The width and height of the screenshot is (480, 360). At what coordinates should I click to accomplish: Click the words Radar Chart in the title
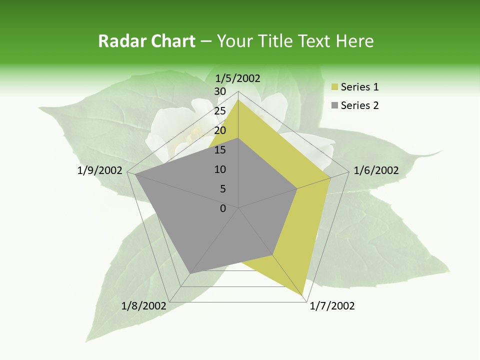coord(146,41)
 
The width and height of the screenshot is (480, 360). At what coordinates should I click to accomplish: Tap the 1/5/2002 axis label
coord(238,78)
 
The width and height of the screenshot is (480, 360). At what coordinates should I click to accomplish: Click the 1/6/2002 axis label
coord(376,170)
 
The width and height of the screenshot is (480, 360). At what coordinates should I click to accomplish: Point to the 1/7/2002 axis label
coord(332,306)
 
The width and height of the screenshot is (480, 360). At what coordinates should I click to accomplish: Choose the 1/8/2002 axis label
coord(144,305)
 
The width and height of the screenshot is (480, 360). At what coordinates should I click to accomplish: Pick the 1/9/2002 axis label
coord(100,170)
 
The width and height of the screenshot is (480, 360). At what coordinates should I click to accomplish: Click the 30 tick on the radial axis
coord(220,91)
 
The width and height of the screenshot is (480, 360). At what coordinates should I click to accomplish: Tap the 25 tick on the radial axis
coord(220,111)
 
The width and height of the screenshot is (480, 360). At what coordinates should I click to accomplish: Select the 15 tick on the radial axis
coord(220,150)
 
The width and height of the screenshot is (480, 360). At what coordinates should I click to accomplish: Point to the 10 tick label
coord(220,169)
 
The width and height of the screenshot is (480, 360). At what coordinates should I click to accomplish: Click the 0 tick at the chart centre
coord(223,208)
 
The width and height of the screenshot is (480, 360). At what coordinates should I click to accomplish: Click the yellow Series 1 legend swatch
coord(334,87)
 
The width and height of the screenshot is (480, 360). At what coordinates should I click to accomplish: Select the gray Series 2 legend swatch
coord(334,105)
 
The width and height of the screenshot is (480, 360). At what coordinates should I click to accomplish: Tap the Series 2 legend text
coord(359,105)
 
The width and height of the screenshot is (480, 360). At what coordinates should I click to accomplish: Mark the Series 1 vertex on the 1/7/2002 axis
coord(304,295)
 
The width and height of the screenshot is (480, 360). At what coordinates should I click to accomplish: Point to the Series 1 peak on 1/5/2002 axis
coord(238,99)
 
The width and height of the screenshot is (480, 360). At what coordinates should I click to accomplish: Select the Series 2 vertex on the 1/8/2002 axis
coord(190,273)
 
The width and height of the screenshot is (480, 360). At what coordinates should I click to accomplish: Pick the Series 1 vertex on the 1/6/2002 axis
coord(330,177)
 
